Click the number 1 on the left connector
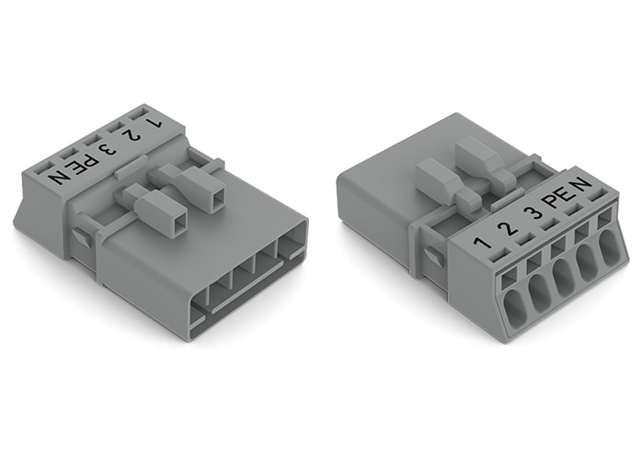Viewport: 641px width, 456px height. click(x=154, y=120)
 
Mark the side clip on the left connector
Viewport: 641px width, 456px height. click(x=81, y=237)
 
